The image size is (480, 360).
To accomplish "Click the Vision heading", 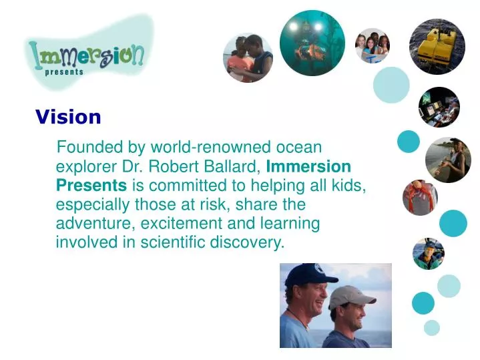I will point(68,118).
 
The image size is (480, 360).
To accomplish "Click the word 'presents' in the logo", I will point(64,72).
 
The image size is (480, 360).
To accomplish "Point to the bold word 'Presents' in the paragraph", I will point(91,185).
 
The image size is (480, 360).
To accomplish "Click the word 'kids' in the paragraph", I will point(349,185).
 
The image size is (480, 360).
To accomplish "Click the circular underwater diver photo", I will point(312,43).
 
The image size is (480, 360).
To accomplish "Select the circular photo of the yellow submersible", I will point(437,46).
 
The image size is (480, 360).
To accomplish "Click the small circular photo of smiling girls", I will point(372,45).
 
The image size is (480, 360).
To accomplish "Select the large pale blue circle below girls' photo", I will point(391,85).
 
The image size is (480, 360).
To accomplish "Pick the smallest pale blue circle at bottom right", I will point(432,327).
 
